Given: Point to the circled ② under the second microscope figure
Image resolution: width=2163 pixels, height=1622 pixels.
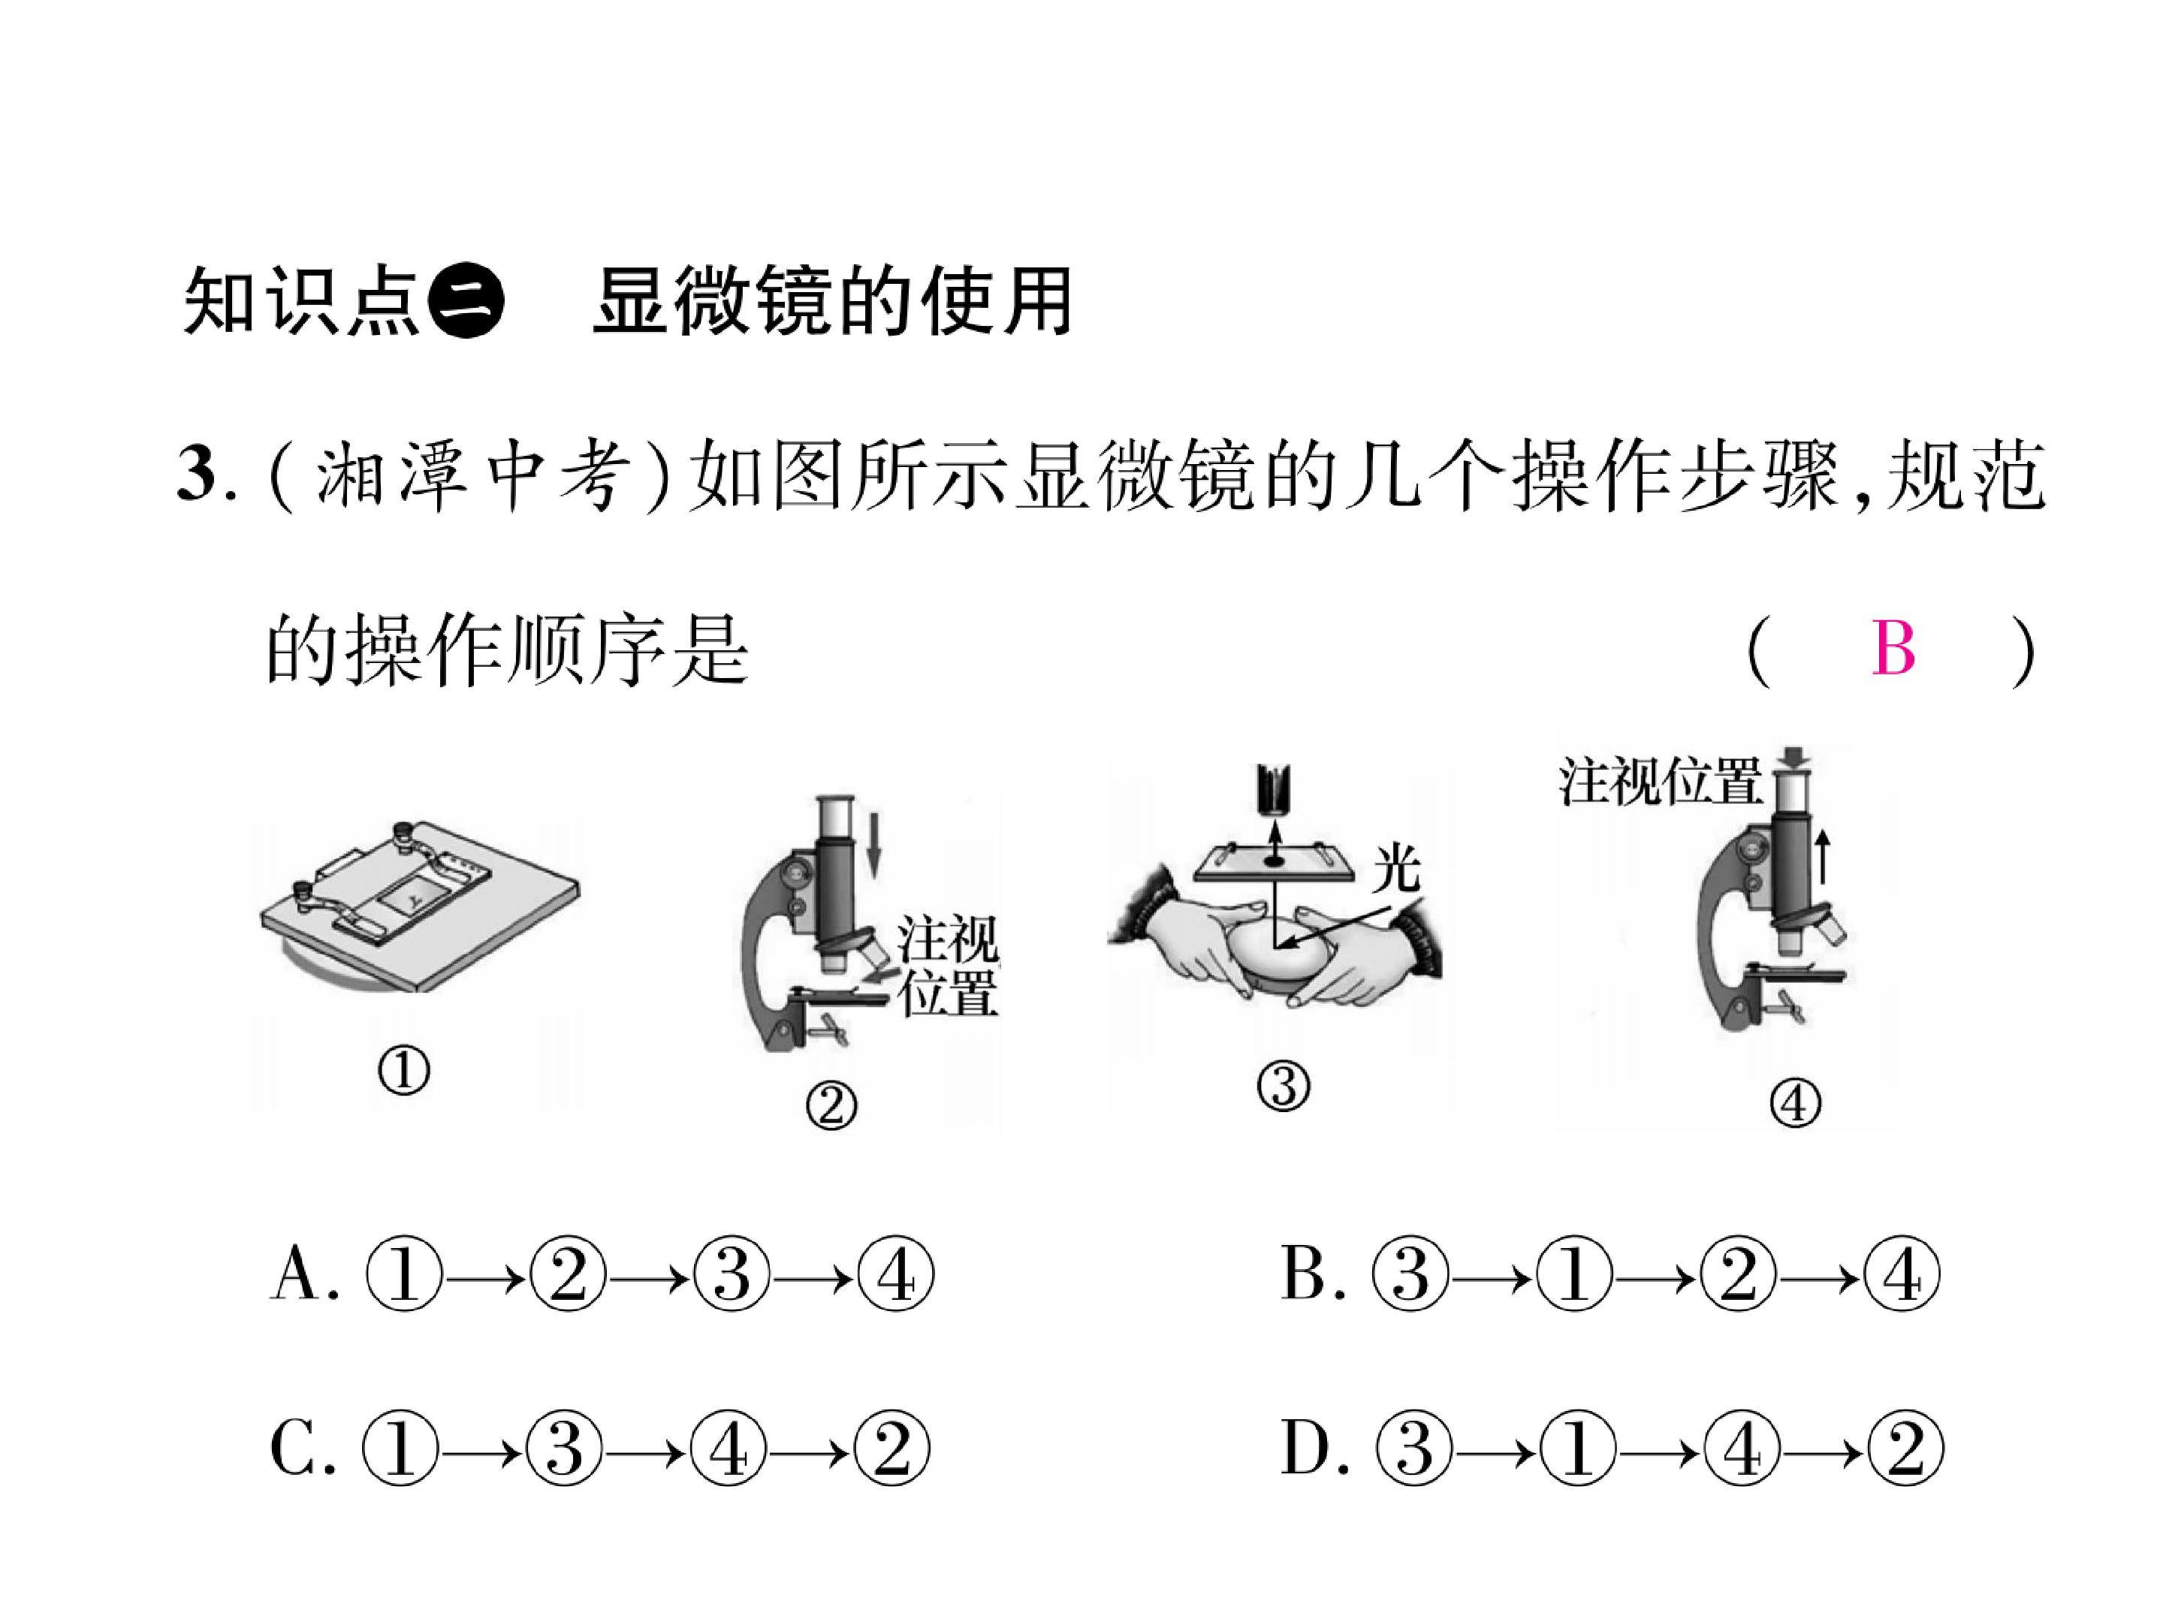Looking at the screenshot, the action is click(831, 1106).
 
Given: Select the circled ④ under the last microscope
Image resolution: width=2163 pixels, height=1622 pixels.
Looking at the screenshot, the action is click(1795, 1104).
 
